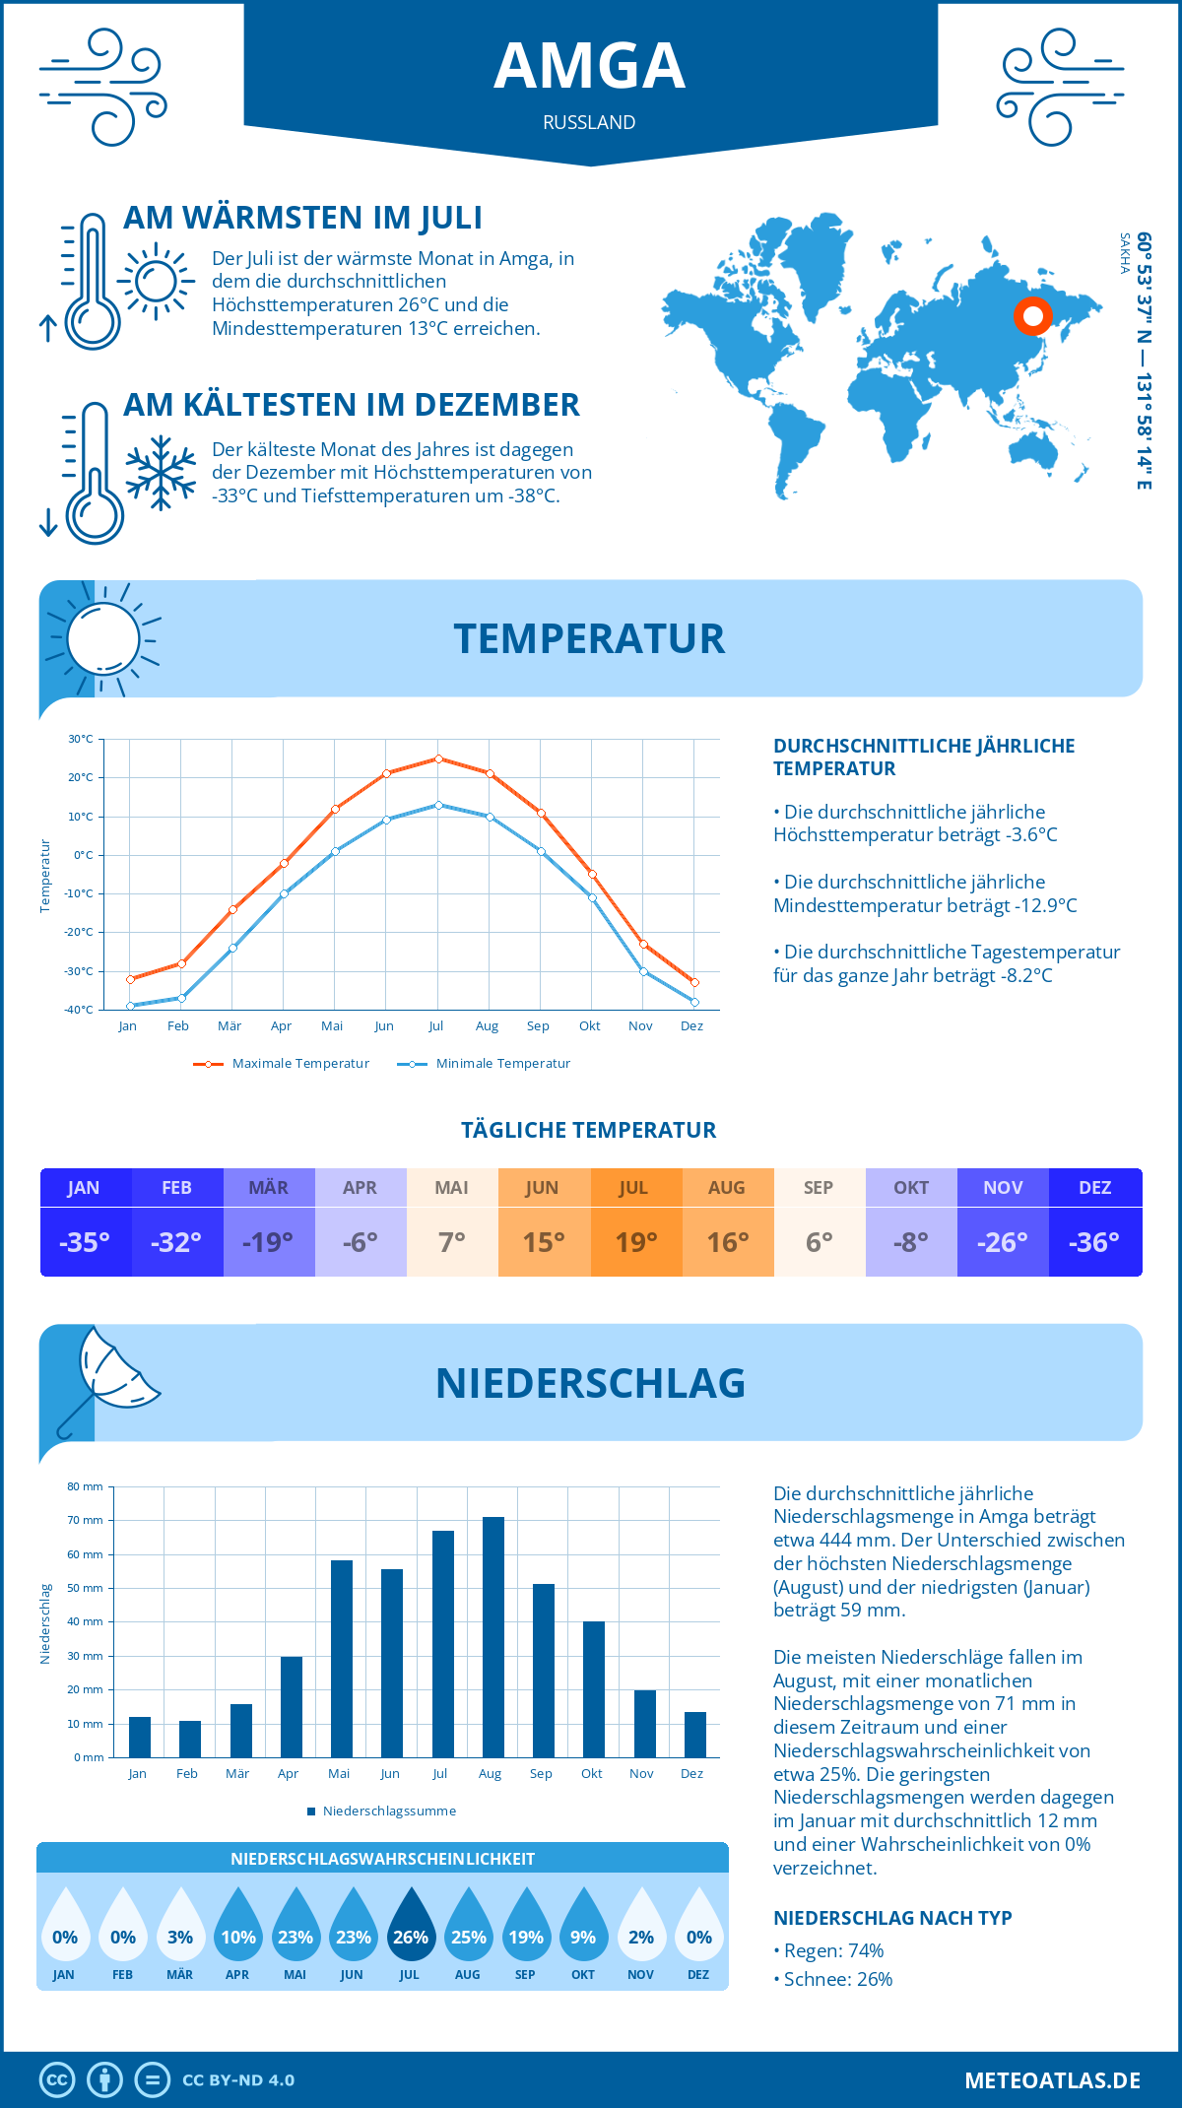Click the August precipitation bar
492,1637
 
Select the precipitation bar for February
190,1739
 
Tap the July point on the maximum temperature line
438,758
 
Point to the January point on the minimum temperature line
130,1006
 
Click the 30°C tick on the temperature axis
81,739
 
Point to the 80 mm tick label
85,1486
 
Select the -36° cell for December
1094,1242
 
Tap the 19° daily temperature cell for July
635,1242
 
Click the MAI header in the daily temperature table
452,1188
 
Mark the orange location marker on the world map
1033,316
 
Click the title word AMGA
589,67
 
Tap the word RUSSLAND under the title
589,123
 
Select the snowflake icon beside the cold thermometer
161,473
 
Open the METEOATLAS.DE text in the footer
1052,2080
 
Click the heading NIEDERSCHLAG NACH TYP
892,1918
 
